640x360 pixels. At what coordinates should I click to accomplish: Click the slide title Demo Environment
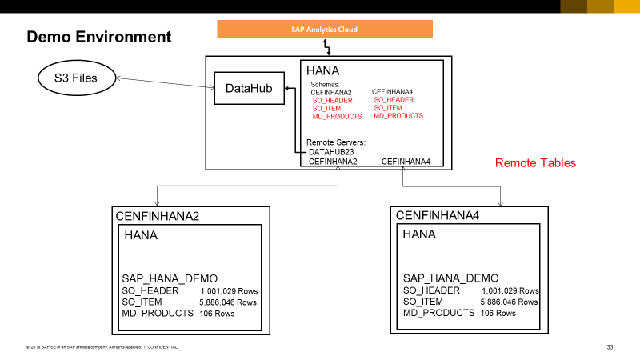pos(99,37)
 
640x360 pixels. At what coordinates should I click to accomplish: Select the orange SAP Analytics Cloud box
pos(325,29)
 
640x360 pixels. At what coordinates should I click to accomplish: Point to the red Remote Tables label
pos(535,163)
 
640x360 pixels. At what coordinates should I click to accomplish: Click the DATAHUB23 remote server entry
pos(332,151)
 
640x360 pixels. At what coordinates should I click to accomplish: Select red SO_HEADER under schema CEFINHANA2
pos(332,101)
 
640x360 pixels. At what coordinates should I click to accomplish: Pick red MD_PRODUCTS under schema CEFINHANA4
pos(398,116)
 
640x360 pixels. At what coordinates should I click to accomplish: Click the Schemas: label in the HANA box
pos(325,84)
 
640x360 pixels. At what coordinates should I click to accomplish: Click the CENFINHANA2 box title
pos(158,216)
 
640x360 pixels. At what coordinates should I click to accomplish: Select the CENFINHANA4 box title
pos(438,216)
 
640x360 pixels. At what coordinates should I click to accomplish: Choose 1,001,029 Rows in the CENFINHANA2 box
pos(230,290)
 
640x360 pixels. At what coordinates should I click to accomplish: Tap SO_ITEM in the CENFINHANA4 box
pos(424,302)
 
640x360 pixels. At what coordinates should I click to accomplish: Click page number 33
pos(610,347)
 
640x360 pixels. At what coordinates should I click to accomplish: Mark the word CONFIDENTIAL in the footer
pos(162,347)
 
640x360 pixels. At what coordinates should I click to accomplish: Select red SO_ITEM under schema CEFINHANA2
pos(326,109)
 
